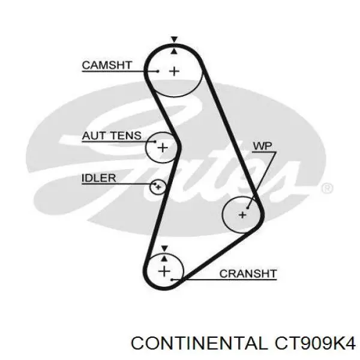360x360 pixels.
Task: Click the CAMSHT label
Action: click(107, 65)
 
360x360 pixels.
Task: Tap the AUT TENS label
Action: click(112, 136)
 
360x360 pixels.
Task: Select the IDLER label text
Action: click(99, 178)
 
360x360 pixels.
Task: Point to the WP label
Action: click(262, 146)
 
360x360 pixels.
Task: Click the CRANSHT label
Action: click(248, 274)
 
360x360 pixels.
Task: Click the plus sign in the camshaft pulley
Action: click(174, 71)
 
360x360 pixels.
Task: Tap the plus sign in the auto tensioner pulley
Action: click(163, 148)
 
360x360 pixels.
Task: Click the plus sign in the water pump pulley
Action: click(242, 215)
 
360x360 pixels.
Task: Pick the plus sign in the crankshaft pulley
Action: click(164, 272)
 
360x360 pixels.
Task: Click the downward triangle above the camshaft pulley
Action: click(175, 39)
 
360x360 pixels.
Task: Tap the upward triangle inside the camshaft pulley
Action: click(175, 51)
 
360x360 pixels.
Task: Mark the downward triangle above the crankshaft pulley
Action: click(164, 248)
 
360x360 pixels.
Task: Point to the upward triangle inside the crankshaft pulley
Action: click(164, 259)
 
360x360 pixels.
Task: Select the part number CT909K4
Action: click(315, 343)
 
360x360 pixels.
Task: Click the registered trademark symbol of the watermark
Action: click(328, 188)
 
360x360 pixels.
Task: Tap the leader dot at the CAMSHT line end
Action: click(158, 71)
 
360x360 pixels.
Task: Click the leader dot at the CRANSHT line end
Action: click(172, 280)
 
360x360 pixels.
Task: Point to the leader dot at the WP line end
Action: click(247, 208)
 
